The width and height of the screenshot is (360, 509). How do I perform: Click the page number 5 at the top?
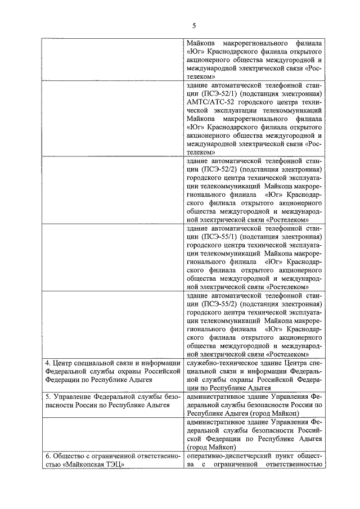(x=193, y=25)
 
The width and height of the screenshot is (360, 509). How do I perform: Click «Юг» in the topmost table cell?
(x=193, y=51)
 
